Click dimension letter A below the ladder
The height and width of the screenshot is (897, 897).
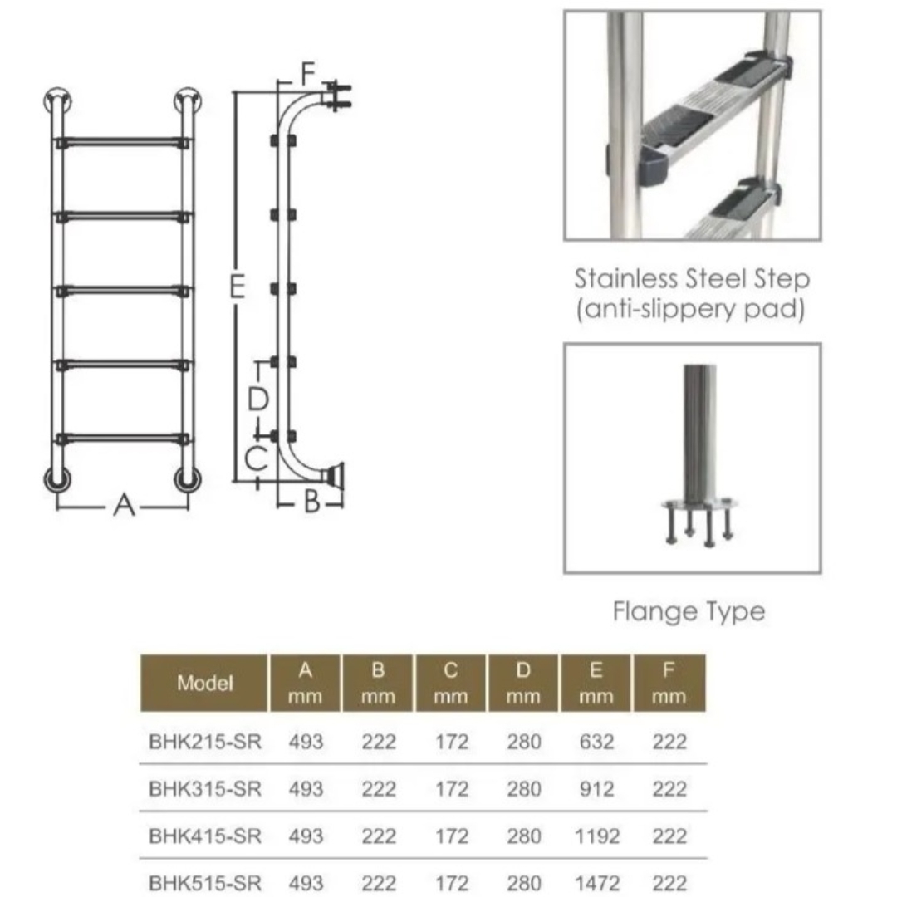pyautogui.click(x=124, y=506)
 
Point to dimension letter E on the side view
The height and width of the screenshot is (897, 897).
pyautogui.click(x=238, y=287)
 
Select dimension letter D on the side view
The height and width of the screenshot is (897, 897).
pyautogui.click(x=258, y=399)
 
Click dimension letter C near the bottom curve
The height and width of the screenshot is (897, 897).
pyautogui.click(x=256, y=458)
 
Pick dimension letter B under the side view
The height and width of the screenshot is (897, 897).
pyautogui.click(x=311, y=502)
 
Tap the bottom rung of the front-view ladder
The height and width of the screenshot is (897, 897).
pyautogui.click(x=122, y=439)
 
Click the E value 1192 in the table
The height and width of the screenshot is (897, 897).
pyautogui.click(x=596, y=836)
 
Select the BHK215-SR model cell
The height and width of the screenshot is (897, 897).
pyautogui.click(x=205, y=742)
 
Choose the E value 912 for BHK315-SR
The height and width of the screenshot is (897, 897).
pyautogui.click(x=596, y=790)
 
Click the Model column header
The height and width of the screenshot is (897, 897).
pyautogui.click(x=205, y=683)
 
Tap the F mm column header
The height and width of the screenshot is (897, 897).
pyautogui.click(x=669, y=683)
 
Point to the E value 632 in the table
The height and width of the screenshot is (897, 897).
pyautogui.click(x=596, y=742)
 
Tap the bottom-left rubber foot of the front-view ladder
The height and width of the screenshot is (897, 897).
pyautogui.click(x=58, y=479)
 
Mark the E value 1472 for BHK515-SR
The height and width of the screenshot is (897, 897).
pyautogui.click(x=596, y=883)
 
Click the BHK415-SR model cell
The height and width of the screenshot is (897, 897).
pyautogui.click(x=205, y=836)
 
